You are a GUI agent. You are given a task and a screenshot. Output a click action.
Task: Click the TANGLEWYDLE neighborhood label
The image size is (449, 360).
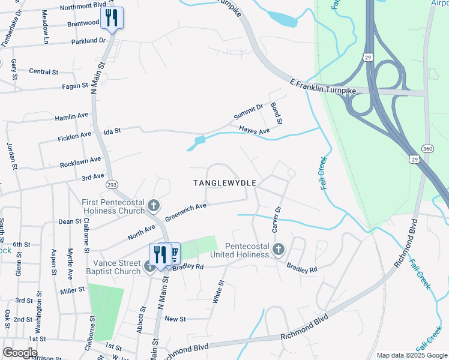pos(225,182)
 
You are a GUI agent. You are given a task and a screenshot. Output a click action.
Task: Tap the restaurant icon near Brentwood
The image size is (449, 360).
pos(111,17)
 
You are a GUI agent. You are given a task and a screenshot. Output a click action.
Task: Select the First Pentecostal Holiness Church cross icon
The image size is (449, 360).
pos(154,206)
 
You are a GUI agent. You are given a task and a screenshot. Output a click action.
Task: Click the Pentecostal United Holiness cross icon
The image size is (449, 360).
pos(278,249)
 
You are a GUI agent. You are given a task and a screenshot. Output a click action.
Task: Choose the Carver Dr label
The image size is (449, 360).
pos(277,220)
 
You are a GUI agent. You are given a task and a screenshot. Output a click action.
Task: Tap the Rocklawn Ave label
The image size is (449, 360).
pos(80,161)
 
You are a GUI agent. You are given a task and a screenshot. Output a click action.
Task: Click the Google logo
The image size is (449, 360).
pos(20,352)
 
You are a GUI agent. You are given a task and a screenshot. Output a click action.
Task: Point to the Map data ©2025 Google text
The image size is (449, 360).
pos(411,355)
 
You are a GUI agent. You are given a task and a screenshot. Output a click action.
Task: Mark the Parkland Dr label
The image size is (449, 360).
pos(88,41)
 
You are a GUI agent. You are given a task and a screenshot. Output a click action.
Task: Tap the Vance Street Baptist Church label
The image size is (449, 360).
pos(116,267)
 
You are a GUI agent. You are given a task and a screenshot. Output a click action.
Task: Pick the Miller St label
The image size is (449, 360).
pos(73,290)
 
